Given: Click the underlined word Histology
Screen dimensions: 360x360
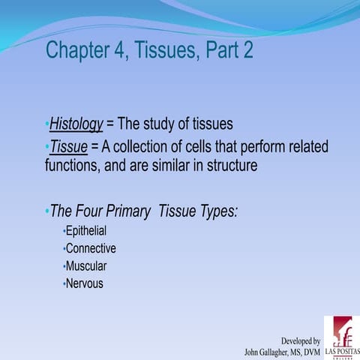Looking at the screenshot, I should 76,124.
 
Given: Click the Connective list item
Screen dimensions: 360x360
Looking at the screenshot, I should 91,248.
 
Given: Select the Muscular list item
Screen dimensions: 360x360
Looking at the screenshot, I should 86,266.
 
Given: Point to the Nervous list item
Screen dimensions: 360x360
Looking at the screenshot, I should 85,283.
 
